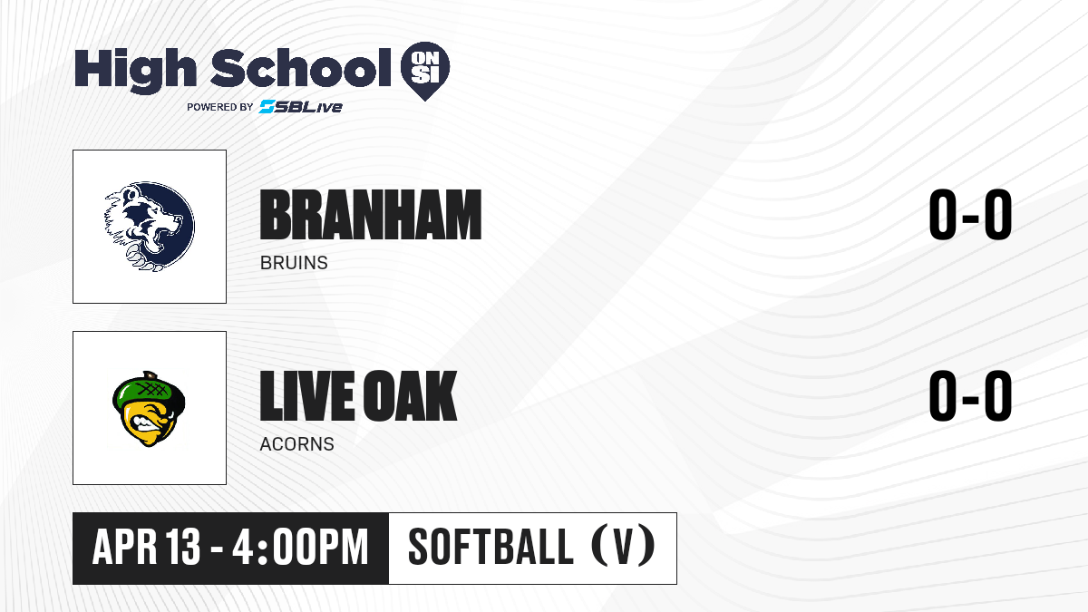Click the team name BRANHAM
coord(371,215)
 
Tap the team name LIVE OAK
coord(358,396)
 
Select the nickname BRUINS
coord(294,263)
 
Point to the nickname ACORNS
coord(296,444)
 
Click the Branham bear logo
coord(150,227)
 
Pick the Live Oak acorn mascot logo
coord(149,409)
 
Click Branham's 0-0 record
coord(970,215)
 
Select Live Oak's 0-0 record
coord(970,396)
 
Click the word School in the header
coord(301,67)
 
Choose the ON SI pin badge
coord(425,71)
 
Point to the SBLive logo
coord(300,106)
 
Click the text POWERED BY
coord(220,107)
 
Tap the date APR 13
coord(146,547)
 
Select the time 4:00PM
coord(300,547)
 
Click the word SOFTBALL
coord(491,547)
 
